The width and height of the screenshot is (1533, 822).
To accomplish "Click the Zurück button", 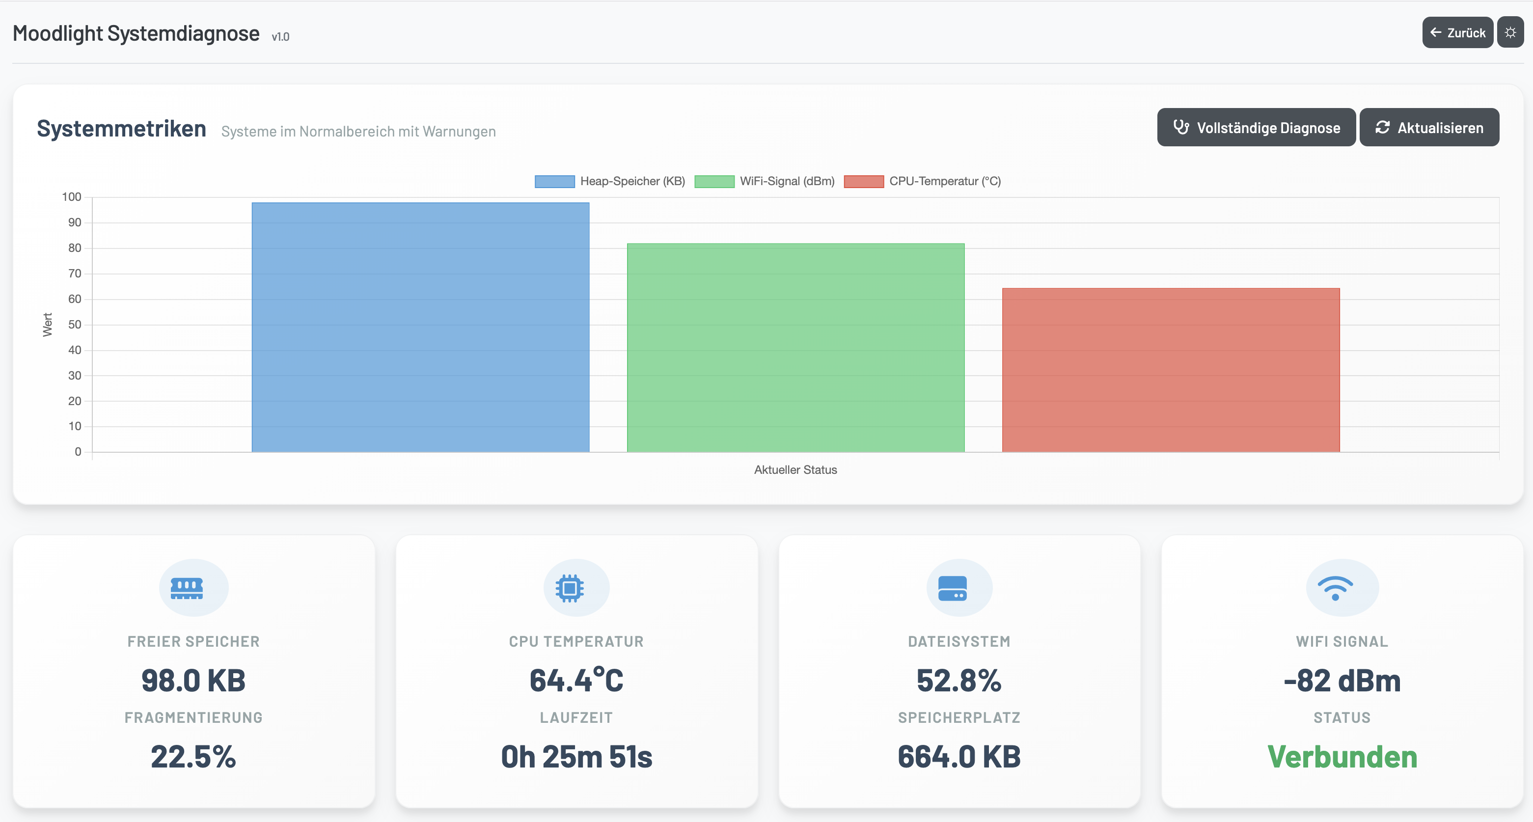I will click(x=1457, y=33).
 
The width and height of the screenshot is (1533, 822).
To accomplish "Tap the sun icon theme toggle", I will click(x=1510, y=33).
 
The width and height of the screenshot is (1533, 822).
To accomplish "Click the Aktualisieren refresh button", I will click(x=1429, y=127).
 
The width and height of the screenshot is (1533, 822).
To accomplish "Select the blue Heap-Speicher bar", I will click(x=420, y=328).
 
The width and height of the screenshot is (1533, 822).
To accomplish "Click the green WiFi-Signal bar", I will click(x=795, y=348).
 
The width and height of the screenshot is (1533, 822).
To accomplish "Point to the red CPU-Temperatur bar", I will click(x=1171, y=370).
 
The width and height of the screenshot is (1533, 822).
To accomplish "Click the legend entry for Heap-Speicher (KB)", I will click(x=610, y=181).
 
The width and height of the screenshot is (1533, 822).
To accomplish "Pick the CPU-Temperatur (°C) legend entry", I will click(x=923, y=181).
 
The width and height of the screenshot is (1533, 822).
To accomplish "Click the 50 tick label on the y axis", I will click(x=74, y=325).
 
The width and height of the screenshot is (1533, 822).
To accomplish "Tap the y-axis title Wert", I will click(x=48, y=325).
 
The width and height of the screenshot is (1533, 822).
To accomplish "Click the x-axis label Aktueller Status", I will click(x=795, y=469).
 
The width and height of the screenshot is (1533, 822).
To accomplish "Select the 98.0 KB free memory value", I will click(x=193, y=681).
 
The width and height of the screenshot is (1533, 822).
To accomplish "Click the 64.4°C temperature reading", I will click(x=576, y=681).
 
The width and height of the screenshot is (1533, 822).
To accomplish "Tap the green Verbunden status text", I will click(x=1342, y=757).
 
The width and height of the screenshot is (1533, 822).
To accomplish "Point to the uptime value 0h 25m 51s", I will click(x=576, y=757).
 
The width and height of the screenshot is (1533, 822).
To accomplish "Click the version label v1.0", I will click(x=280, y=37).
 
